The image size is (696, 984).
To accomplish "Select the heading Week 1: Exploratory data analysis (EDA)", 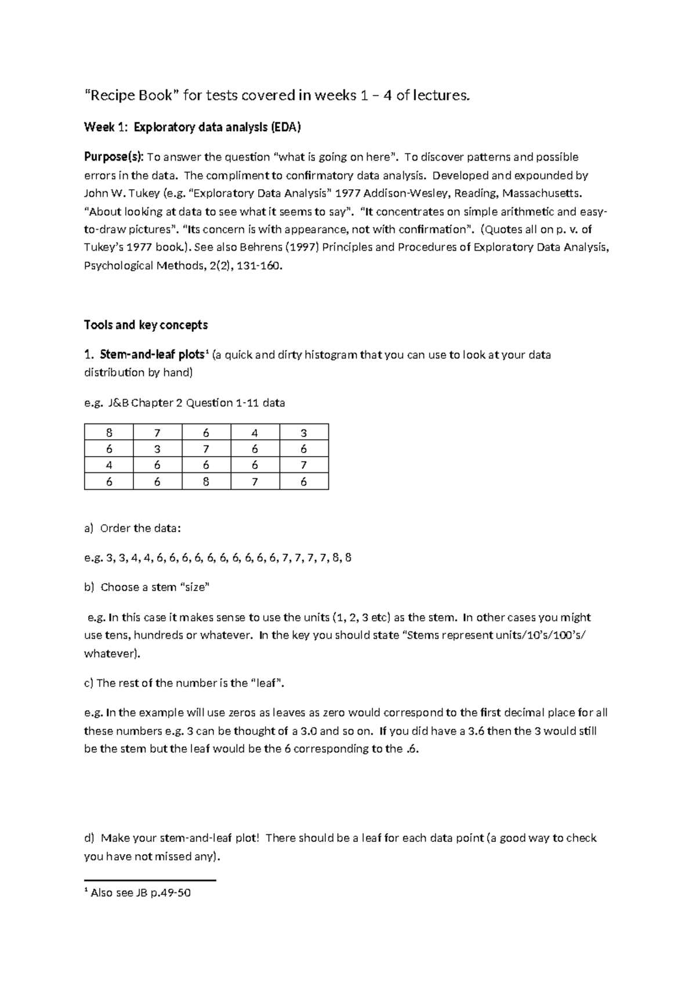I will pos(193,127).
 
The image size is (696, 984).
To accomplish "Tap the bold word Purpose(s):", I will pos(114,157).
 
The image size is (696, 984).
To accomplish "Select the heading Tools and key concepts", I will pos(146,325).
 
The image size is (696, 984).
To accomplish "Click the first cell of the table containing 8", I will pos(108,432).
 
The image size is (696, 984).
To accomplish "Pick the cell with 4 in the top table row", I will pos(255,432).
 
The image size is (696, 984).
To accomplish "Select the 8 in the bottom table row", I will pos(206,482).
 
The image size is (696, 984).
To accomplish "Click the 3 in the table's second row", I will pos(157,449).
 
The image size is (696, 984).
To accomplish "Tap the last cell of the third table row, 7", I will pos(304,465).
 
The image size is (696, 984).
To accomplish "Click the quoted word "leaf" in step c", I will pos(267,683).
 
